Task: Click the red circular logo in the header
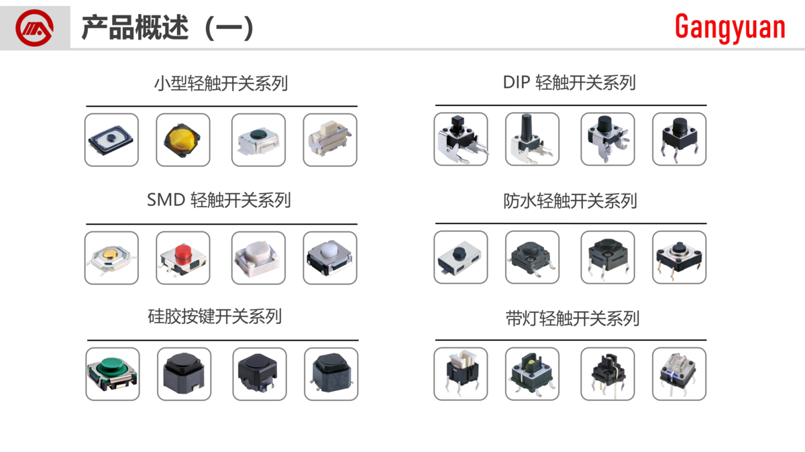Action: pyautogui.click(x=35, y=28)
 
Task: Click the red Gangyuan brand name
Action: pyautogui.click(x=729, y=27)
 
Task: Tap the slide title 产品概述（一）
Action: pyautogui.click(x=168, y=28)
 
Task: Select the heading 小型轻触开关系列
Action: pyautogui.click(x=221, y=84)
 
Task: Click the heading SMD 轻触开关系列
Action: pyautogui.click(x=219, y=200)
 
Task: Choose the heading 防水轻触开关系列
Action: pyautogui.click(x=570, y=201)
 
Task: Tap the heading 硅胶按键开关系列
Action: pyautogui.click(x=215, y=316)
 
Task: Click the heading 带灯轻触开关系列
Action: pyautogui.click(x=572, y=318)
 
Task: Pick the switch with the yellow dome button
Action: pyautogui.click(x=183, y=139)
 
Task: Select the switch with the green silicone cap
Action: pyautogui.click(x=113, y=374)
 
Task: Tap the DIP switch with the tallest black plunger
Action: pyautogui.click(x=531, y=139)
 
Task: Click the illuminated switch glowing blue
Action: pyautogui.click(x=679, y=374)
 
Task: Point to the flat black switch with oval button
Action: pyautogui.click(x=111, y=139)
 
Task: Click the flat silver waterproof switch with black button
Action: pyautogui.click(x=460, y=257)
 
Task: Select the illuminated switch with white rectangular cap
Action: pyautogui.click(x=460, y=374)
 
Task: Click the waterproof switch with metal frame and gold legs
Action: pyautogui.click(x=679, y=257)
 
